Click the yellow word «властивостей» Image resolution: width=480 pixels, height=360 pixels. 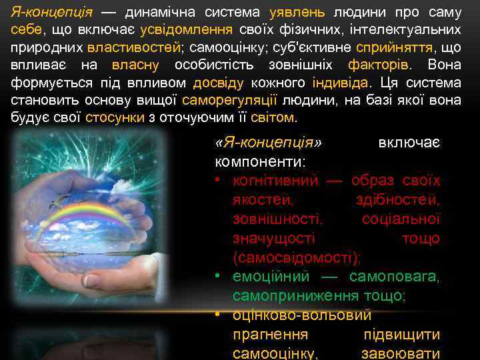point(134,47)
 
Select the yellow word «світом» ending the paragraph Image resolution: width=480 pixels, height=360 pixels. point(275,117)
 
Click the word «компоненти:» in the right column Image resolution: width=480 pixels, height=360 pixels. point(260,161)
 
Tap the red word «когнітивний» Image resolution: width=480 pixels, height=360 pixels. point(275,181)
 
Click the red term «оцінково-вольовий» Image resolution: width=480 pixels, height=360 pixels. point(302,315)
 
